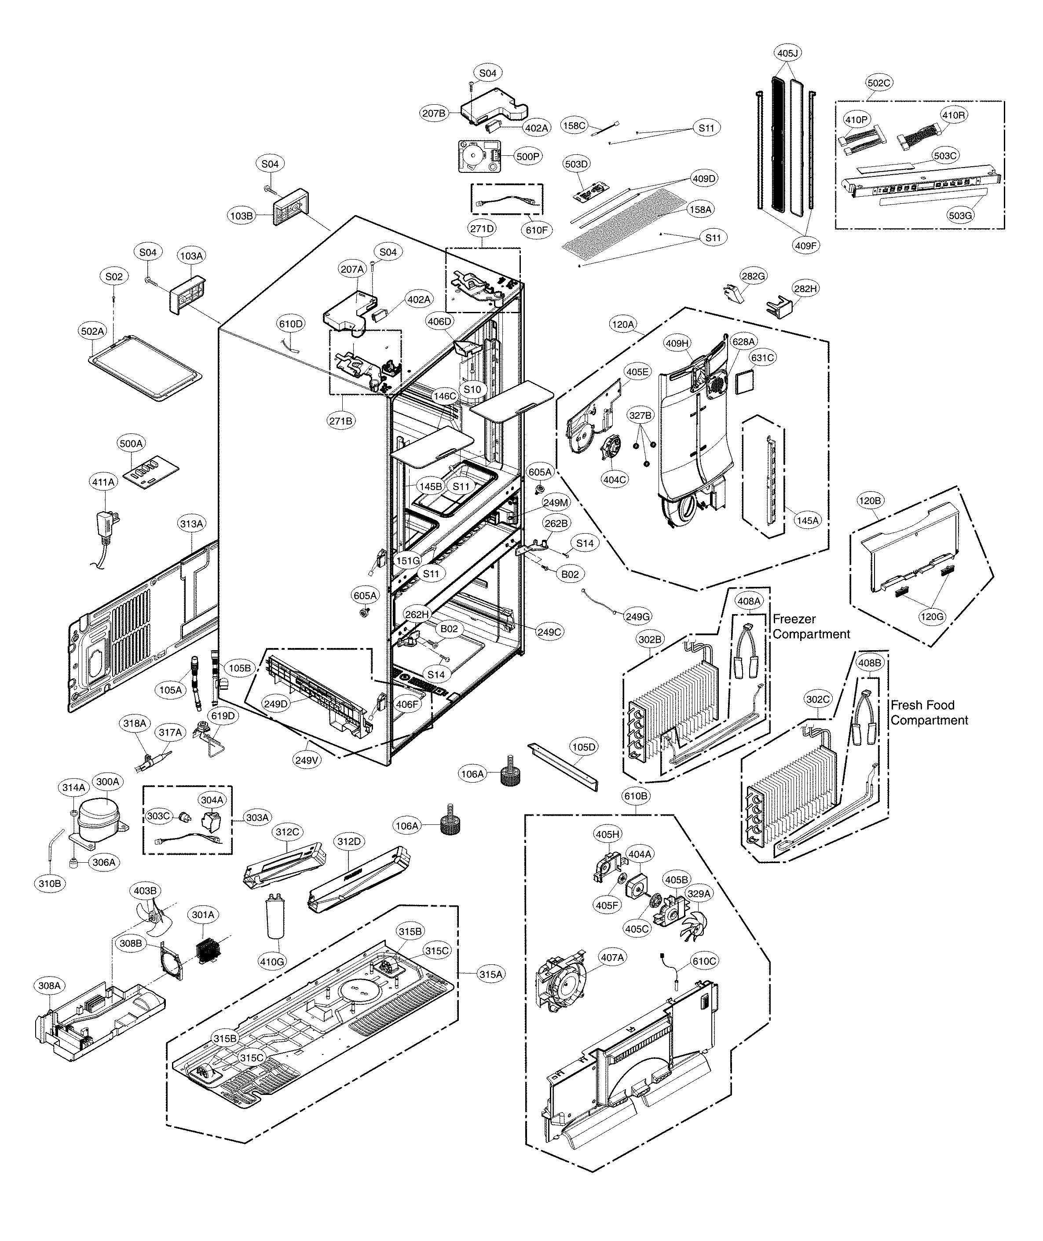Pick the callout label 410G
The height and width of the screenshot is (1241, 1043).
coord(272,962)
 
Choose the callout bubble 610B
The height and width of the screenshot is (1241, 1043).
coord(636,796)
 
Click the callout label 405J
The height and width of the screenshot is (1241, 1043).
coord(787,54)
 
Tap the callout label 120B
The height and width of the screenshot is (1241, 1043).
coord(870,501)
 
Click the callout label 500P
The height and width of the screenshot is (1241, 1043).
coord(527,157)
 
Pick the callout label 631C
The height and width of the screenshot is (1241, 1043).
coord(762,358)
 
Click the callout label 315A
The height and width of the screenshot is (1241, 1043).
coord(491,974)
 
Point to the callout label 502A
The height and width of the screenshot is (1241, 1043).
coord(93,332)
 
